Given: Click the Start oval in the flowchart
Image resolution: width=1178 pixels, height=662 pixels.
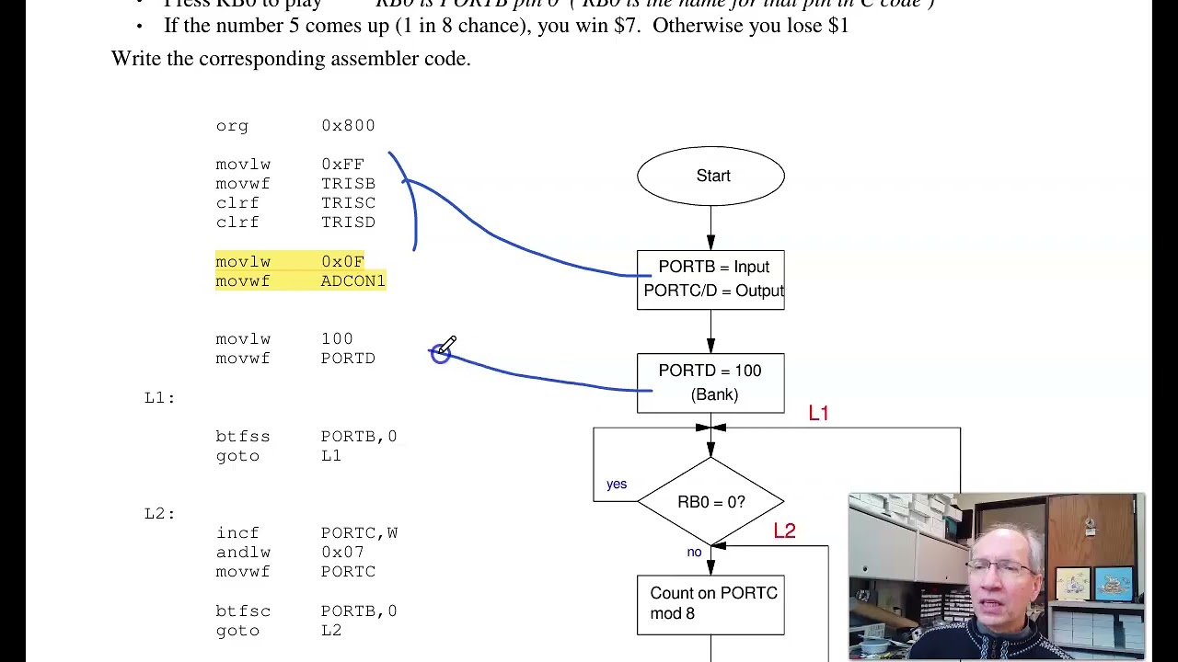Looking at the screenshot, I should click(x=710, y=176).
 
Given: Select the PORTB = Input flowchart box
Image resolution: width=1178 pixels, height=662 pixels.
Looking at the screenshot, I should click(x=710, y=280).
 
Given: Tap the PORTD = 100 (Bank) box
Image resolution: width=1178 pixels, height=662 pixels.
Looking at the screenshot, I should click(x=710, y=382).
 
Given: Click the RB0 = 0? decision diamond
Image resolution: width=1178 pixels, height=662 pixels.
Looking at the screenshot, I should click(x=710, y=502).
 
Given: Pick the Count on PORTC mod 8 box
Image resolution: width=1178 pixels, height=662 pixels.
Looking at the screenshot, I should click(x=710, y=604).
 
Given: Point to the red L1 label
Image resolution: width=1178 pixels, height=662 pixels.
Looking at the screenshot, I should click(x=818, y=414).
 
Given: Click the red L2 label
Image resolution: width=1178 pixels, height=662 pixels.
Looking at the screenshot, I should click(x=784, y=531).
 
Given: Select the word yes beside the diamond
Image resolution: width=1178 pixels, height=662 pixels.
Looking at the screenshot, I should click(x=617, y=485).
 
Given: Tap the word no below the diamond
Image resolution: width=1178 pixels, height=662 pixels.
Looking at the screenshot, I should click(x=694, y=553).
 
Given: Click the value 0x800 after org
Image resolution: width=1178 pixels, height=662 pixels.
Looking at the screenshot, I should click(x=348, y=126).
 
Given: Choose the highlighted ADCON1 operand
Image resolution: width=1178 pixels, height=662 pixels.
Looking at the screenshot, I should click(x=352, y=281).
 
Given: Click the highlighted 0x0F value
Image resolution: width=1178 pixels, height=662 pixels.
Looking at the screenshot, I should click(x=342, y=262).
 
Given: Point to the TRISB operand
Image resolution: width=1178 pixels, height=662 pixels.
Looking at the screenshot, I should click(x=348, y=184).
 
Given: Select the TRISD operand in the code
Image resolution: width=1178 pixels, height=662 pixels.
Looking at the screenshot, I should click(x=348, y=223).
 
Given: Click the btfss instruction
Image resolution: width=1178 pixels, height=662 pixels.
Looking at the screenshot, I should click(x=243, y=437).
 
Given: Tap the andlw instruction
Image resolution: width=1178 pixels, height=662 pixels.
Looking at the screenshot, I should click(x=243, y=553).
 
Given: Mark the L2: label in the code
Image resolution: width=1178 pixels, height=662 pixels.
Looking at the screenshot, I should click(x=159, y=513).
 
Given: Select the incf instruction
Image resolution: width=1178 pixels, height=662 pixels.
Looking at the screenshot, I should click(x=237, y=533).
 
